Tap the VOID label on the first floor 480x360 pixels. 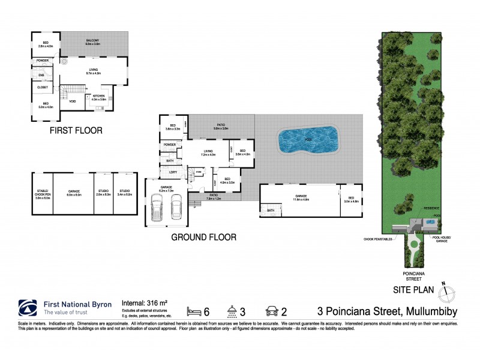pos(73,101)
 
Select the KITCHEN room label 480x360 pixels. pos(98,98)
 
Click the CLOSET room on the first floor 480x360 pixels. pos(42,88)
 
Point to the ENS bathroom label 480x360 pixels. pos(41,75)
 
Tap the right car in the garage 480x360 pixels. pos(176,208)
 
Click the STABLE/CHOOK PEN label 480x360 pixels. pos(41,193)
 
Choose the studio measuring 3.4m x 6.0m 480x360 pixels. pos(124,193)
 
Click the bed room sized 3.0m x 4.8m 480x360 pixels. pos(350,200)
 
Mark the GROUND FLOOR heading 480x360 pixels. pos(203,237)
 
